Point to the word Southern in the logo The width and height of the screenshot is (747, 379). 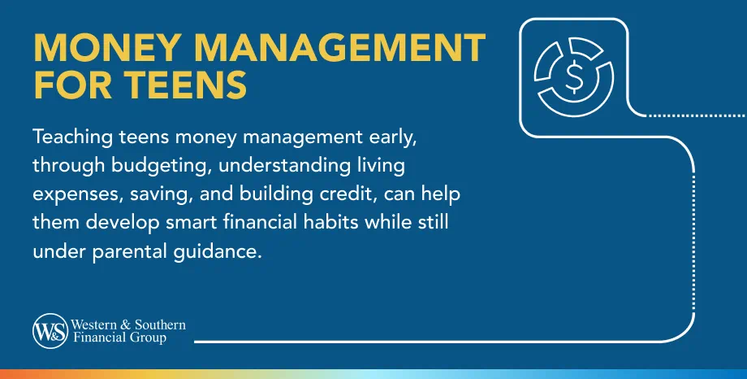[162, 325]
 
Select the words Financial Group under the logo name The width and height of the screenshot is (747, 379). [119, 338]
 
